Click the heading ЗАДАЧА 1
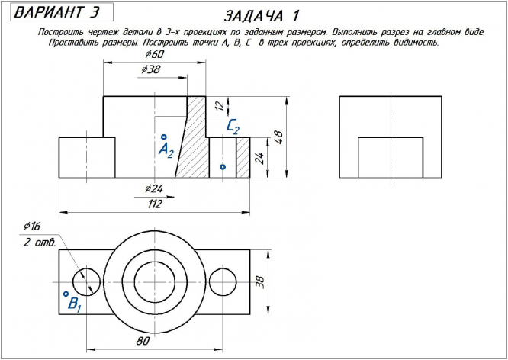(x=261, y=16)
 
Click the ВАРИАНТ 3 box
(x=62, y=12)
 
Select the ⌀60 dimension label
(x=154, y=54)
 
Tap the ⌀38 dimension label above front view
(x=151, y=69)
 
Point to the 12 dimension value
(x=220, y=106)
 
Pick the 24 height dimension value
(x=260, y=158)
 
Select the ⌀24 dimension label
(x=153, y=188)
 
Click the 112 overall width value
(x=155, y=204)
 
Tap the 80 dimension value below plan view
(x=143, y=341)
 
